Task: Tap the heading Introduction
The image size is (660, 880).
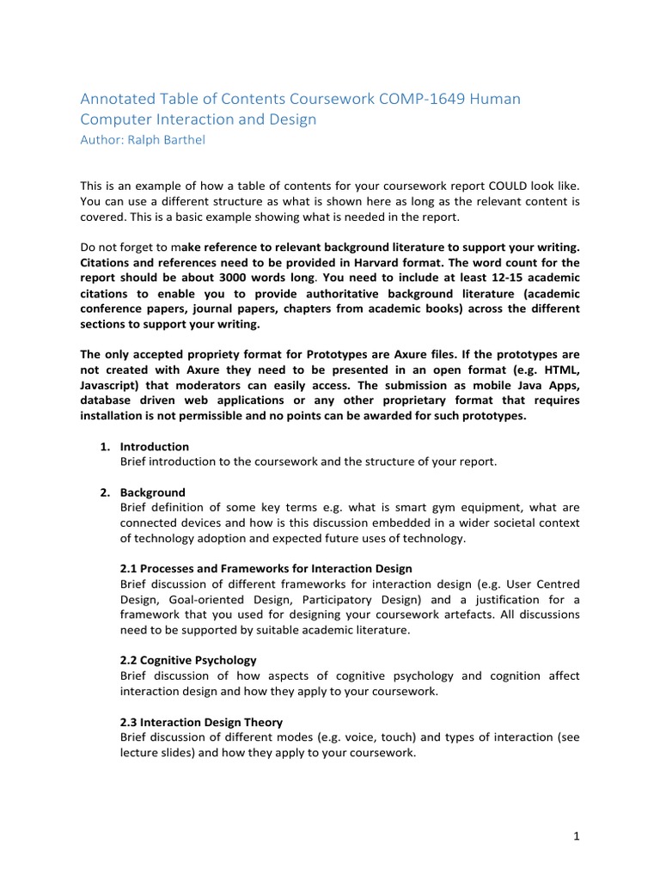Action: coord(154,447)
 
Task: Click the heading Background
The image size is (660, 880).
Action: coord(152,492)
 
